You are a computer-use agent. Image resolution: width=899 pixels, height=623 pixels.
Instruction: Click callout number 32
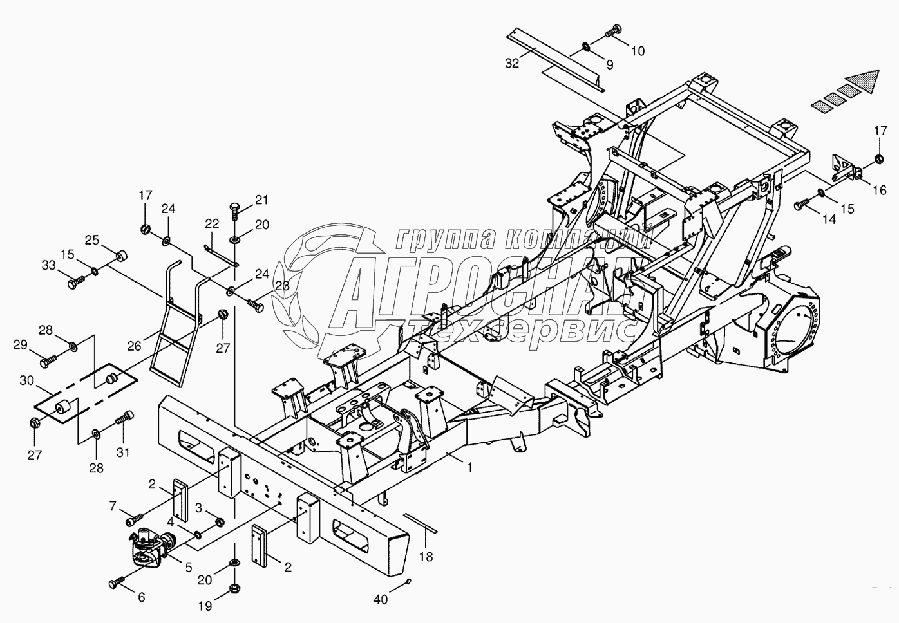pyautogui.click(x=511, y=63)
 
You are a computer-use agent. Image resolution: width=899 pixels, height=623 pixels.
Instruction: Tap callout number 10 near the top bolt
pyautogui.click(x=637, y=51)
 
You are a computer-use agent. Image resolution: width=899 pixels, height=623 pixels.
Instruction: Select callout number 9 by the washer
pyautogui.click(x=609, y=64)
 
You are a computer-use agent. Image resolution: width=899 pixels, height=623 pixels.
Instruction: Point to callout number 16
pyautogui.click(x=879, y=191)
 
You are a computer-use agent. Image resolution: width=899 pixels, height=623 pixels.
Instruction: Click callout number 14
pyautogui.click(x=829, y=219)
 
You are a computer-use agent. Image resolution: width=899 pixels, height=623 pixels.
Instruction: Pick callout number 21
pyautogui.click(x=261, y=200)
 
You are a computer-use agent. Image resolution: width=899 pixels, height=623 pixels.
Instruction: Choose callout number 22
pyautogui.click(x=212, y=224)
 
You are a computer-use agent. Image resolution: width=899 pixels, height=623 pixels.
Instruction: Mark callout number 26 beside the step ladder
pyautogui.click(x=133, y=346)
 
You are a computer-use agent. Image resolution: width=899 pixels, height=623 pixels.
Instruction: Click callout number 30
pyautogui.click(x=26, y=381)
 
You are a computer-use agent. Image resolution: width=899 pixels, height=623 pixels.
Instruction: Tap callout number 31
pyautogui.click(x=122, y=452)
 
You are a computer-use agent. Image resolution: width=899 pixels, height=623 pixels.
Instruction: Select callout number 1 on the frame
pyautogui.click(x=470, y=468)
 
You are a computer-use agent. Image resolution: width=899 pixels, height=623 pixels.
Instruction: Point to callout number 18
pyautogui.click(x=426, y=557)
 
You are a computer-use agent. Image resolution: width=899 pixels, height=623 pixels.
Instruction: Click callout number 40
pyautogui.click(x=381, y=600)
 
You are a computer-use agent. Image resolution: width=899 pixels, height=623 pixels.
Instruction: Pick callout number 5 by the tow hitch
pyautogui.click(x=188, y=568)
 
